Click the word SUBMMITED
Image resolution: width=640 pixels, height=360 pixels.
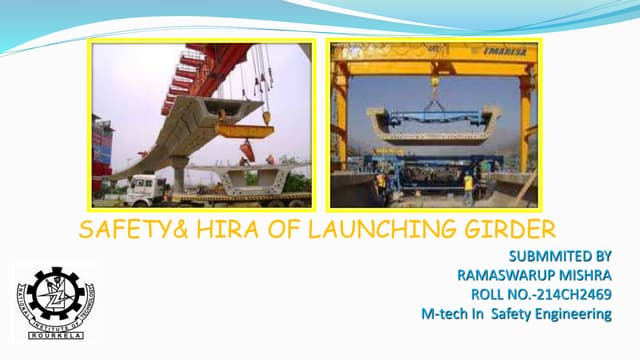coord(548,256)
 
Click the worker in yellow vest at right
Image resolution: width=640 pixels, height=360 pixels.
coord(467,184)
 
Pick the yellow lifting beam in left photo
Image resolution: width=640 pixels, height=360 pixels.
coord(244,130)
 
